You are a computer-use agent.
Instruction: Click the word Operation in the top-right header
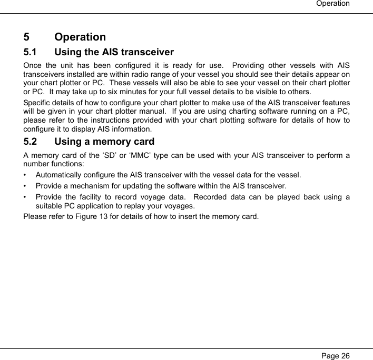pyautogui.click(x=332, y=4)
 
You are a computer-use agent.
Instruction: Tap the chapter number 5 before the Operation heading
pyautogui.click(x=27, y=37)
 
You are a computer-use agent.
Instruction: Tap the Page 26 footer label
pyautogui.click(x=335, y=355)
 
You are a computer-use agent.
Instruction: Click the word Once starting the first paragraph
pyautogui.click(x=34, y=65)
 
